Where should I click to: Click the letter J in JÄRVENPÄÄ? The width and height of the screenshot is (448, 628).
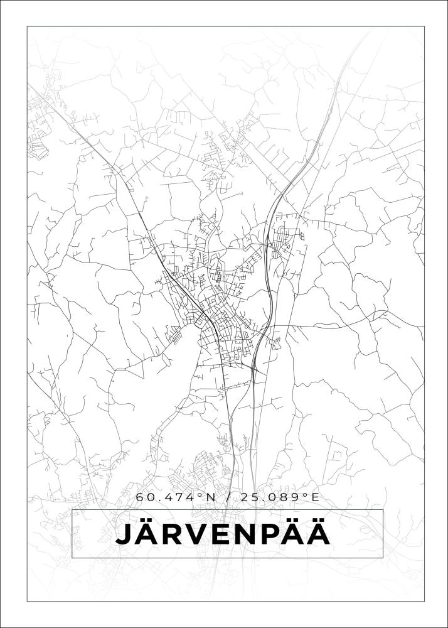(x=124, y=535)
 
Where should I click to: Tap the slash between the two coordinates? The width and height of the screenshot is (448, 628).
(x=227, y=497)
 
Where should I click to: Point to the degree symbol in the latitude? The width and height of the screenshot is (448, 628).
(x=201, y=495)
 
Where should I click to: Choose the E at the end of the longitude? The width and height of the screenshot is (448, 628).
(x=314, y=497)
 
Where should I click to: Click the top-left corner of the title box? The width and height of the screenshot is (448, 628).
(x=72, y=511)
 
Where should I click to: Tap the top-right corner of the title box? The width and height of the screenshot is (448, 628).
(x=383, y=511)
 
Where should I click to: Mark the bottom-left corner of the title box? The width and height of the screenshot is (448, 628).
(x=72, y=558)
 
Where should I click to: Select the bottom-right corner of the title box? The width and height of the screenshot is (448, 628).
(x=383, y=558)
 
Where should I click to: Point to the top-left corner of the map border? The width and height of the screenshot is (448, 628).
(x=27, y=26)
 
